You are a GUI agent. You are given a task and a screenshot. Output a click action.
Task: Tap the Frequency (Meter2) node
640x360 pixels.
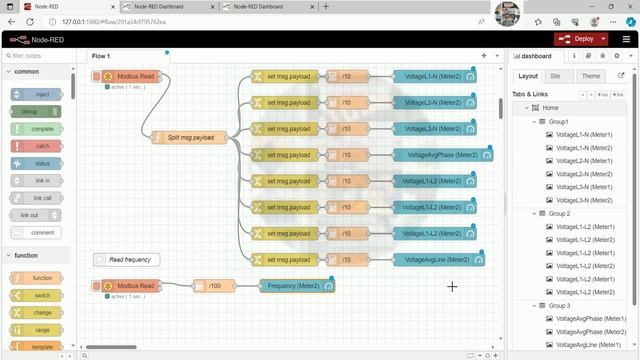[294, 286]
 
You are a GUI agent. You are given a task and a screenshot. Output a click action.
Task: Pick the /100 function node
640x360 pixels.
[213, 286]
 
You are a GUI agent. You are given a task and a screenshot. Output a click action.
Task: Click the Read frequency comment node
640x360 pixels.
[128, 260]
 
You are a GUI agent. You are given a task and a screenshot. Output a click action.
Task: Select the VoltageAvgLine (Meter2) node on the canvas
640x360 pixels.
[436, 260]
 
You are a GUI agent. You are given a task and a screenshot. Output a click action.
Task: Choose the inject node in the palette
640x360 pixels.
[37, 94]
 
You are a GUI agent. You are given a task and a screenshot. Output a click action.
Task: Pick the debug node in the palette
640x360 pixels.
[36, 112]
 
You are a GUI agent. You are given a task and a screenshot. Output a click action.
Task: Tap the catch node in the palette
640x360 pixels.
[36, 146]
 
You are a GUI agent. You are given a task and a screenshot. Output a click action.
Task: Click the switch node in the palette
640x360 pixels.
[37, 295]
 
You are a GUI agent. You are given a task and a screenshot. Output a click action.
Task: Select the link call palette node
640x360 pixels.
[37, 198]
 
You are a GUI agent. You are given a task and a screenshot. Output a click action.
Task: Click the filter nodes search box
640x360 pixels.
[40, 56]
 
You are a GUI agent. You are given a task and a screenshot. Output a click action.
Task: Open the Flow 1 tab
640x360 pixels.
[102, 56]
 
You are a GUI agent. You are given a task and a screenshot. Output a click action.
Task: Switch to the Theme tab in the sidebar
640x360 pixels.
[591, 76]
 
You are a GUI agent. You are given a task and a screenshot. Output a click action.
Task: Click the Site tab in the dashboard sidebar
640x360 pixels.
[555, 76]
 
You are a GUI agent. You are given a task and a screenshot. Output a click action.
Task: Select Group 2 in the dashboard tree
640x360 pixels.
[560, 214]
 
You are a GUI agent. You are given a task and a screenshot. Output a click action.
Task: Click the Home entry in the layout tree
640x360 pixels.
[551, 108]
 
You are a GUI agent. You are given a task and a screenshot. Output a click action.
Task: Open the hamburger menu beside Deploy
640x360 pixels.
[626, 39]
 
